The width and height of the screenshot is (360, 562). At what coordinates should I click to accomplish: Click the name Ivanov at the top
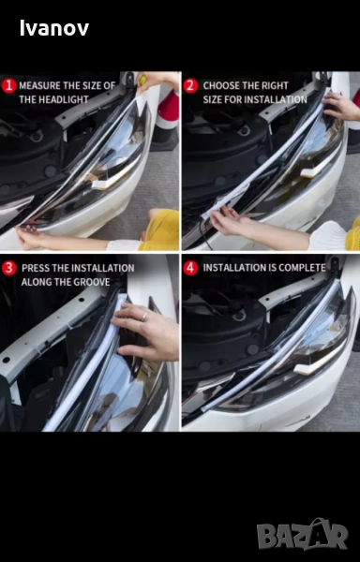pos(54,28)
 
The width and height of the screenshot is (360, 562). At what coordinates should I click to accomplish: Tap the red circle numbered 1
pos(9,86)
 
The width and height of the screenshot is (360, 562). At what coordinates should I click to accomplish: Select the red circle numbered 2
pos(190,86)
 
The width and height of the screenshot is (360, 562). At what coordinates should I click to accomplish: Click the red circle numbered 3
pos(9,269)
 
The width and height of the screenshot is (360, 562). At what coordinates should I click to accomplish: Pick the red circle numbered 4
pos(190,269)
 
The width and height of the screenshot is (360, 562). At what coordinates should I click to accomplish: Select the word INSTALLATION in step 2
pos(275,99)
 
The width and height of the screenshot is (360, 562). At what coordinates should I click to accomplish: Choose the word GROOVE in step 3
pos(93,282)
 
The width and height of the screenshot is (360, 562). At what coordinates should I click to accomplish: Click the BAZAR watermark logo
pos(302,535)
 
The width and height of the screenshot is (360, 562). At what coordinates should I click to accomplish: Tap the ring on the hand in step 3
pos(144,317)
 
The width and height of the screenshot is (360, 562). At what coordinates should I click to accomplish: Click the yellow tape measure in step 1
pos(142,80)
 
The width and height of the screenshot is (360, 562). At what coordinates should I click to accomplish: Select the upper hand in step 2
pos(340,106)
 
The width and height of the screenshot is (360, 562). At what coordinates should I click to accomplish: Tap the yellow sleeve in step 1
pos(161,230)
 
